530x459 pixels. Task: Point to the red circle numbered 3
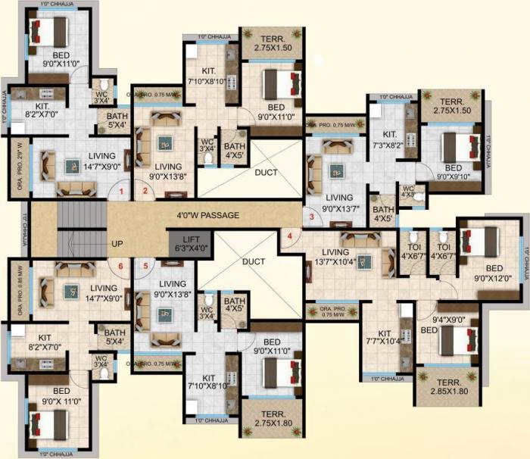[310, 217]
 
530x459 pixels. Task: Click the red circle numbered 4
[288, 236]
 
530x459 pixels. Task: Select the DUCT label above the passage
[265, 173]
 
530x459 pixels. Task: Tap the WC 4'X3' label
[408, 193]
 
